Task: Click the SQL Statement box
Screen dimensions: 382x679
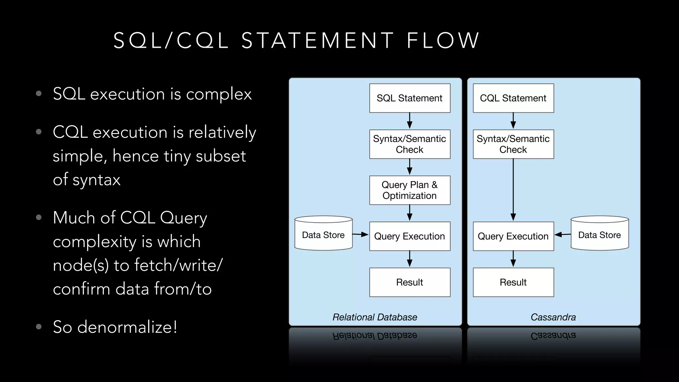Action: click(x=410, y=98)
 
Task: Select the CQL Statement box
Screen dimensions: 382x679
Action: click(x=513, y=98)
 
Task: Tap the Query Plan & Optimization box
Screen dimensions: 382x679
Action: click(x=410, y=190)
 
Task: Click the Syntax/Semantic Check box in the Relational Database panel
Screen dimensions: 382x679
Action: click(x=410, y=144)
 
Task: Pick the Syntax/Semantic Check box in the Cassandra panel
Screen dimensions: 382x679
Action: click(x=513, y=144)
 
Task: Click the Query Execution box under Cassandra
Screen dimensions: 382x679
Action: click(x=513, y=236)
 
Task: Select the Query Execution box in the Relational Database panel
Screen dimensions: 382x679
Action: click(x=410, y=236)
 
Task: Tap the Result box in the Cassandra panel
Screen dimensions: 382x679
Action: click(x=513, y=282)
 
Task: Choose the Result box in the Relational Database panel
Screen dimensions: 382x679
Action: click(x=410, y=282)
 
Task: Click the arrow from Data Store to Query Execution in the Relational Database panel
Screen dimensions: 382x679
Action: click(x=360, y=234)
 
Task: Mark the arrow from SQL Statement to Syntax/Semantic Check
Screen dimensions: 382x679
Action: click(x=410, y=121)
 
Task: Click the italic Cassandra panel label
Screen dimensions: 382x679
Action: click(x=553, y=317)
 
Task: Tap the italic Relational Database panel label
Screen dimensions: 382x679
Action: click(x=375, y=317)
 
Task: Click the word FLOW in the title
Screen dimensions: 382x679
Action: click(x=443, y=41)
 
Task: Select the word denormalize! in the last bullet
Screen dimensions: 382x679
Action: click(x=127, y=327)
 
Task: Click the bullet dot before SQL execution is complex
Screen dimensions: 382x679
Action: click(x=39, y=94)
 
